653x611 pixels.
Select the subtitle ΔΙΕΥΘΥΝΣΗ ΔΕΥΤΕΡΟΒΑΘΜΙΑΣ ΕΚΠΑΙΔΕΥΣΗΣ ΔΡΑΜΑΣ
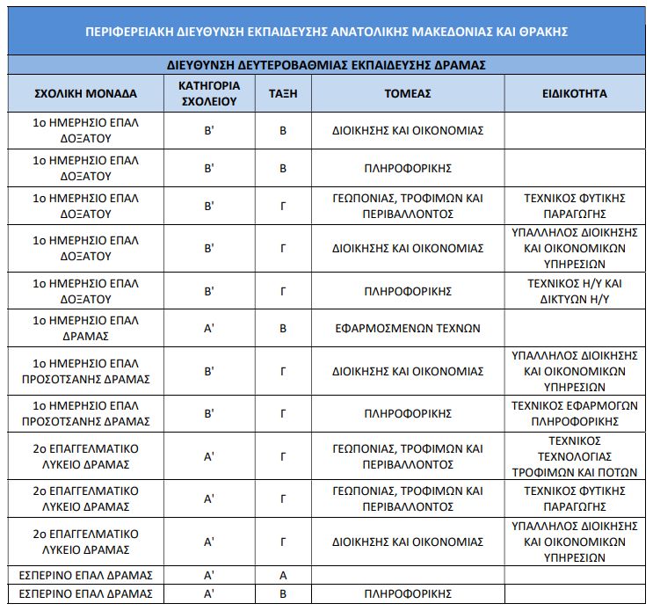[326, 65]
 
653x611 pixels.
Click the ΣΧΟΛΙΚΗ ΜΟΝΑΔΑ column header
[85, 93]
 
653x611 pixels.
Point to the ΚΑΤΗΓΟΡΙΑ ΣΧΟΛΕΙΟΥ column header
[209, 93]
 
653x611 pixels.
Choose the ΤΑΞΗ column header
[283, 93]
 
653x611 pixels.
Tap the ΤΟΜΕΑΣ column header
[408, 93]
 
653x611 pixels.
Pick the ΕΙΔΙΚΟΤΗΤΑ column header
[574, 93]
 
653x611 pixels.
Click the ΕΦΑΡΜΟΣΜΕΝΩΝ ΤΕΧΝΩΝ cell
[408, 328]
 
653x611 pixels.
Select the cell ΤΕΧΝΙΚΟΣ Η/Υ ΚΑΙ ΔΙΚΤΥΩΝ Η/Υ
[574, 291]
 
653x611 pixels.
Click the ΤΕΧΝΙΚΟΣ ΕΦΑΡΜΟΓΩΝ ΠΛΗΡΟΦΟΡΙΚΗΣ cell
[574, 413]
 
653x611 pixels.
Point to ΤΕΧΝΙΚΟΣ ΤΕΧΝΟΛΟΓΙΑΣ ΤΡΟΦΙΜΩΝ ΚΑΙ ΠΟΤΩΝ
[574, 455]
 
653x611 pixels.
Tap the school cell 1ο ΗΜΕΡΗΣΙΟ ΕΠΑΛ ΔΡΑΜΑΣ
[85, 328]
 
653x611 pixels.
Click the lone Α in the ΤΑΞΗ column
[283, 576]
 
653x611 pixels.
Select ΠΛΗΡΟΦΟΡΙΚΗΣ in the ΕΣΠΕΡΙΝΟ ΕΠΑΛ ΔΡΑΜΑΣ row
[408, 594]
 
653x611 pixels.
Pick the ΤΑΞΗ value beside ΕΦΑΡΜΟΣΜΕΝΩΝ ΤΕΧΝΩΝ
[283, 328]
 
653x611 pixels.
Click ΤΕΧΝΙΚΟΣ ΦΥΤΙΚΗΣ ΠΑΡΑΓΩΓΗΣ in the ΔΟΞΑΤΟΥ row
[574, 206]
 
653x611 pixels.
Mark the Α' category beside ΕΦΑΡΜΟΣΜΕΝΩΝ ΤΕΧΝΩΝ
[209, 328]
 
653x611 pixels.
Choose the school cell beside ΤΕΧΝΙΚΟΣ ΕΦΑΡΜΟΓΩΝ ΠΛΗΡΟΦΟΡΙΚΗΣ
[85, 413]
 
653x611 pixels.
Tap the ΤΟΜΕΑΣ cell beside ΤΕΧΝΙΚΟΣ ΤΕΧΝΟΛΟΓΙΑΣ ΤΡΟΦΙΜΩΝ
[408, 455]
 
